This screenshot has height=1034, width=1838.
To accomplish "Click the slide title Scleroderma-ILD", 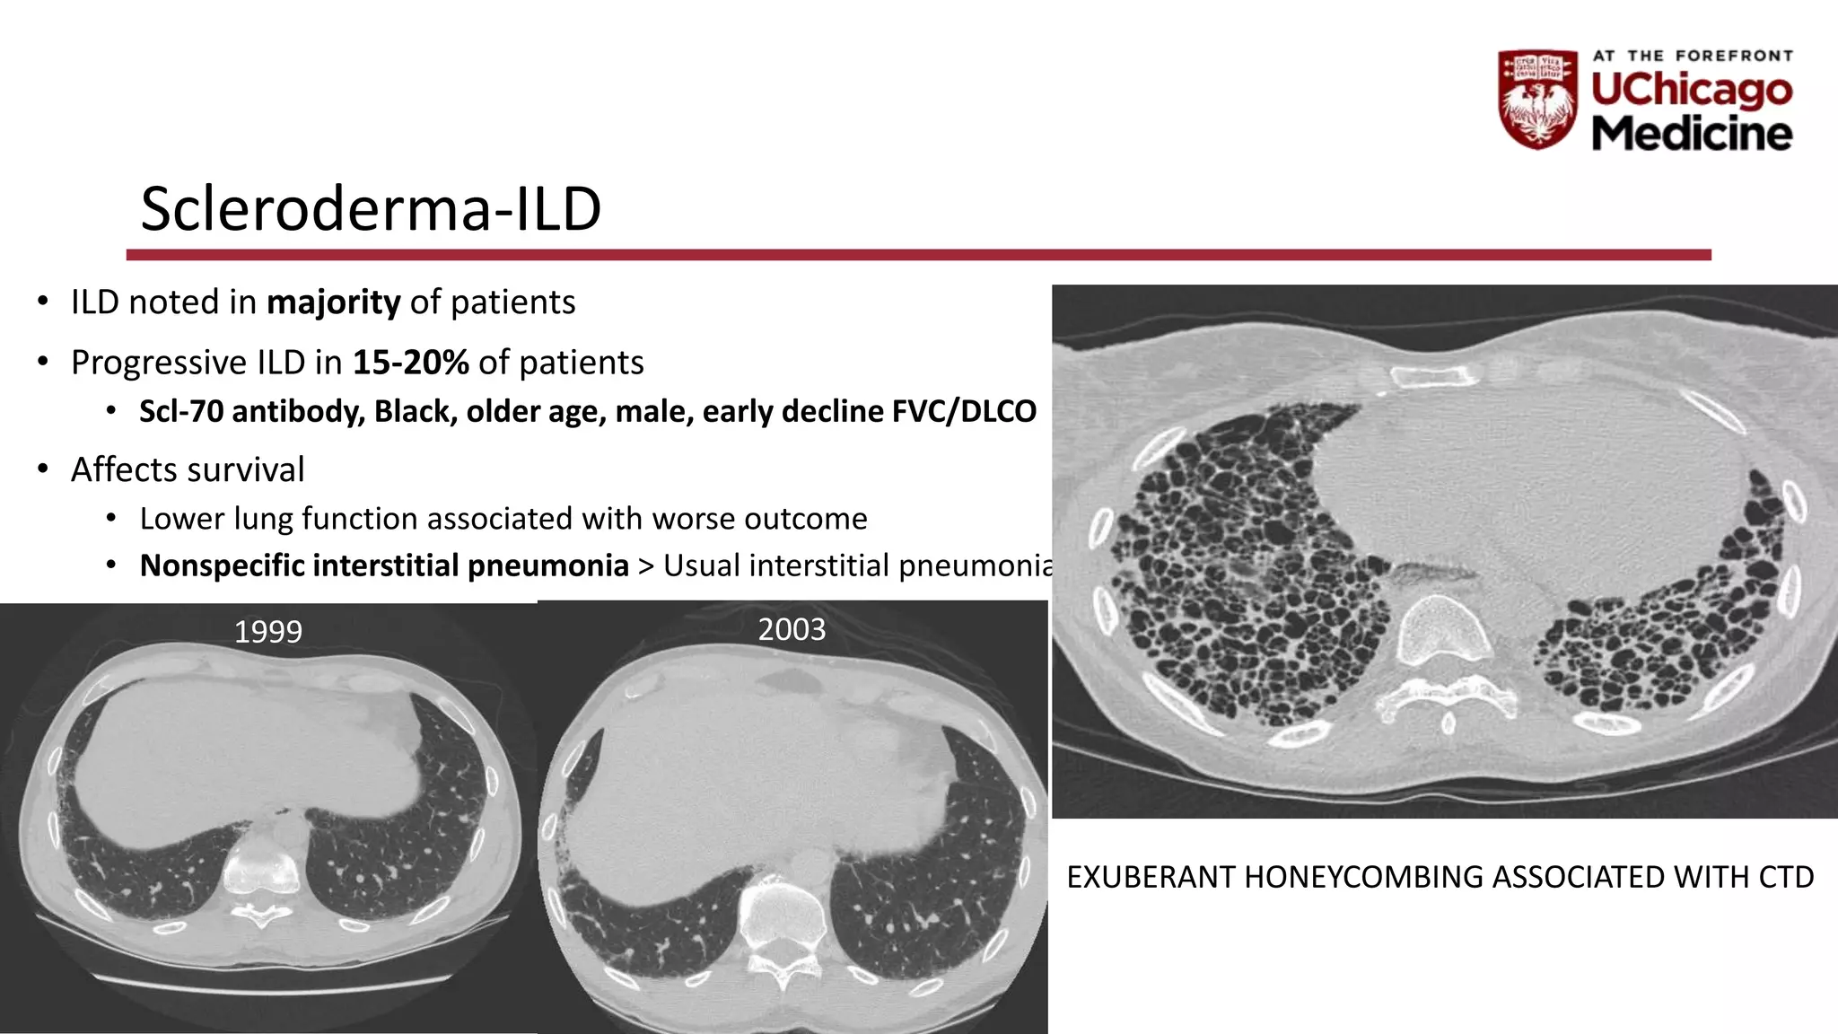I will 371,209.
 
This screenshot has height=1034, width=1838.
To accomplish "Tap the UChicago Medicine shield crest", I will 1537,99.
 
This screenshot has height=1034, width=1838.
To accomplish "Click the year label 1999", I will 267,632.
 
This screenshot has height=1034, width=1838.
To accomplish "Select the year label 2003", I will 792,629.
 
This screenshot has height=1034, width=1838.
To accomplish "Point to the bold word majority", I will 333,302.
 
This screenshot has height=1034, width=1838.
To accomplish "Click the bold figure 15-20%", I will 410,363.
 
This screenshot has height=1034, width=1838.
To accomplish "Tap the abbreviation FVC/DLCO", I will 964,411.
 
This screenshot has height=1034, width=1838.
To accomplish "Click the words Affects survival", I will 188,469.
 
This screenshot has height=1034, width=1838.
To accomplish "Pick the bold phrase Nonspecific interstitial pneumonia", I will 384,565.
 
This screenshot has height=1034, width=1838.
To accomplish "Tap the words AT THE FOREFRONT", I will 1693,56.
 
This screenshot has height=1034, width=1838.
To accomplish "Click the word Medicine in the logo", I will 1692,133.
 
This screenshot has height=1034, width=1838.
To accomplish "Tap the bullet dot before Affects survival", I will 43,469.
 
